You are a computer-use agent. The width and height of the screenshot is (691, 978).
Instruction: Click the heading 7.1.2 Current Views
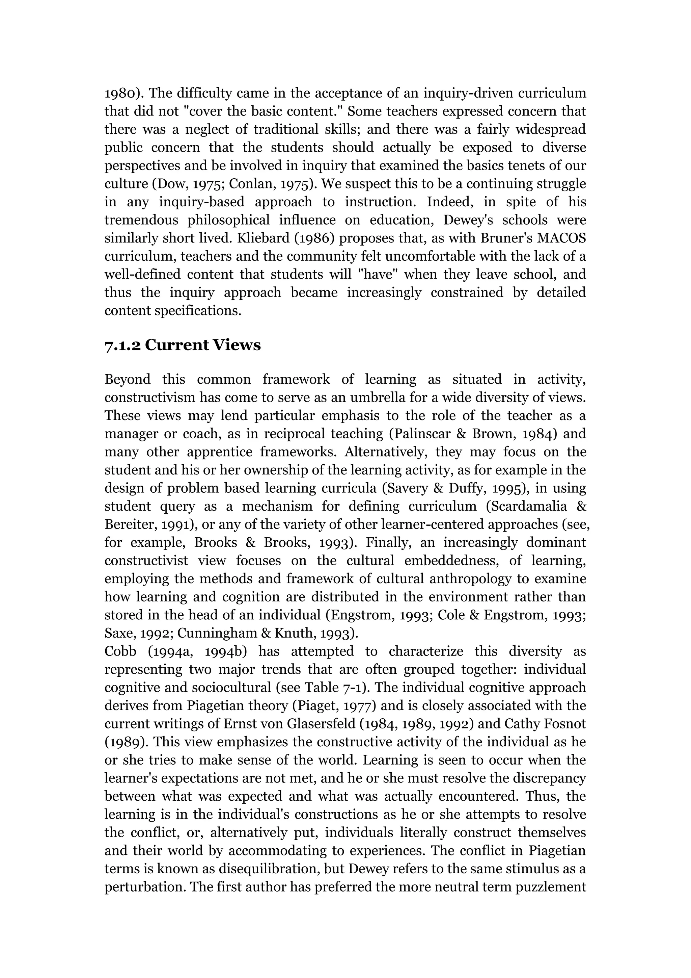click(x=183, y=345)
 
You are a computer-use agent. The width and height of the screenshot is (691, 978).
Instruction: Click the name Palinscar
click(x=419, y=434)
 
